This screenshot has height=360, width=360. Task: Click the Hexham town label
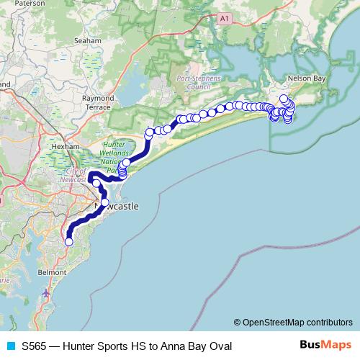tap(66, 145)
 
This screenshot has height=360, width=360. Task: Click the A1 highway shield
tap(225, 17)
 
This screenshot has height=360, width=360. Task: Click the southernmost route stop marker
tap(69, 242)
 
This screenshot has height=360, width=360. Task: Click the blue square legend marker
tap(11, 346)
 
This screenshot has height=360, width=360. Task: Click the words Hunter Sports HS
tap(102, 346)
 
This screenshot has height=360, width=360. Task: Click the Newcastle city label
tap(117, 207)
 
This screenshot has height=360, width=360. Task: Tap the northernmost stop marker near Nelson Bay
tap(284, 99)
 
